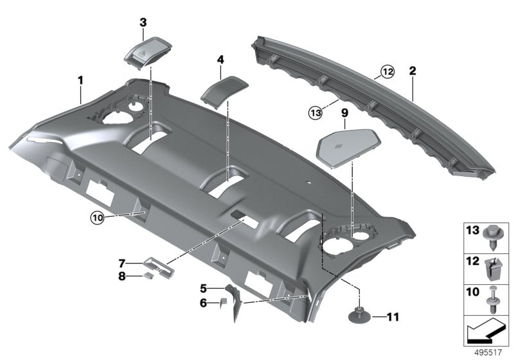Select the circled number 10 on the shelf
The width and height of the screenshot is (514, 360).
coord(96,219)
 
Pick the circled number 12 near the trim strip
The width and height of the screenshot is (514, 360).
coord(385,73)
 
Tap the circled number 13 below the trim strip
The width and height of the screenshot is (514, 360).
coord(314,113)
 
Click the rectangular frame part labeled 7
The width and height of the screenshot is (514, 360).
coord(157,266)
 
